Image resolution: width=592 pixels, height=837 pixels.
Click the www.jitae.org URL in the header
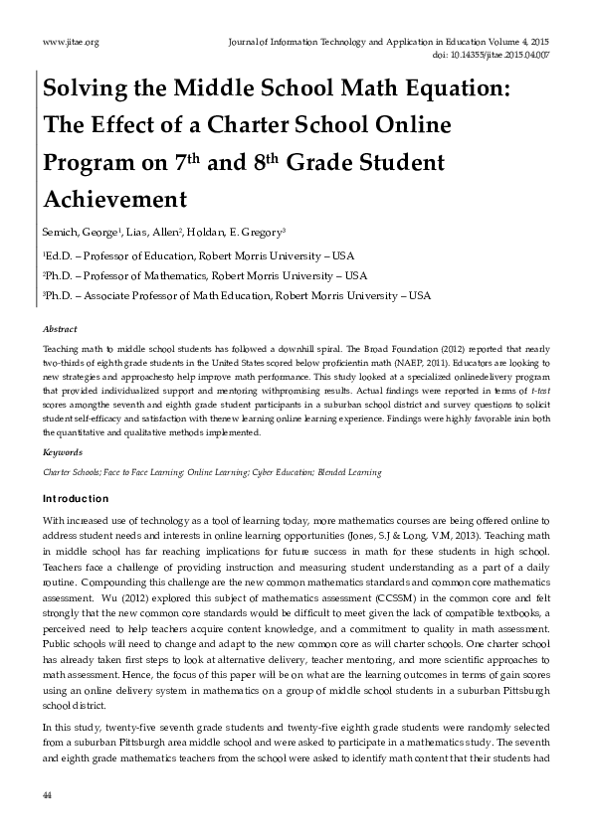[71, 42]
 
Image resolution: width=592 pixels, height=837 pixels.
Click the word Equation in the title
[448, 92]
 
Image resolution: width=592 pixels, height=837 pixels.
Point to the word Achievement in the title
[114, 199]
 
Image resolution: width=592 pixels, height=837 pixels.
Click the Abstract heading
[60, 329]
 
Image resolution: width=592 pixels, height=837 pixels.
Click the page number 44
[47, 795]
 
